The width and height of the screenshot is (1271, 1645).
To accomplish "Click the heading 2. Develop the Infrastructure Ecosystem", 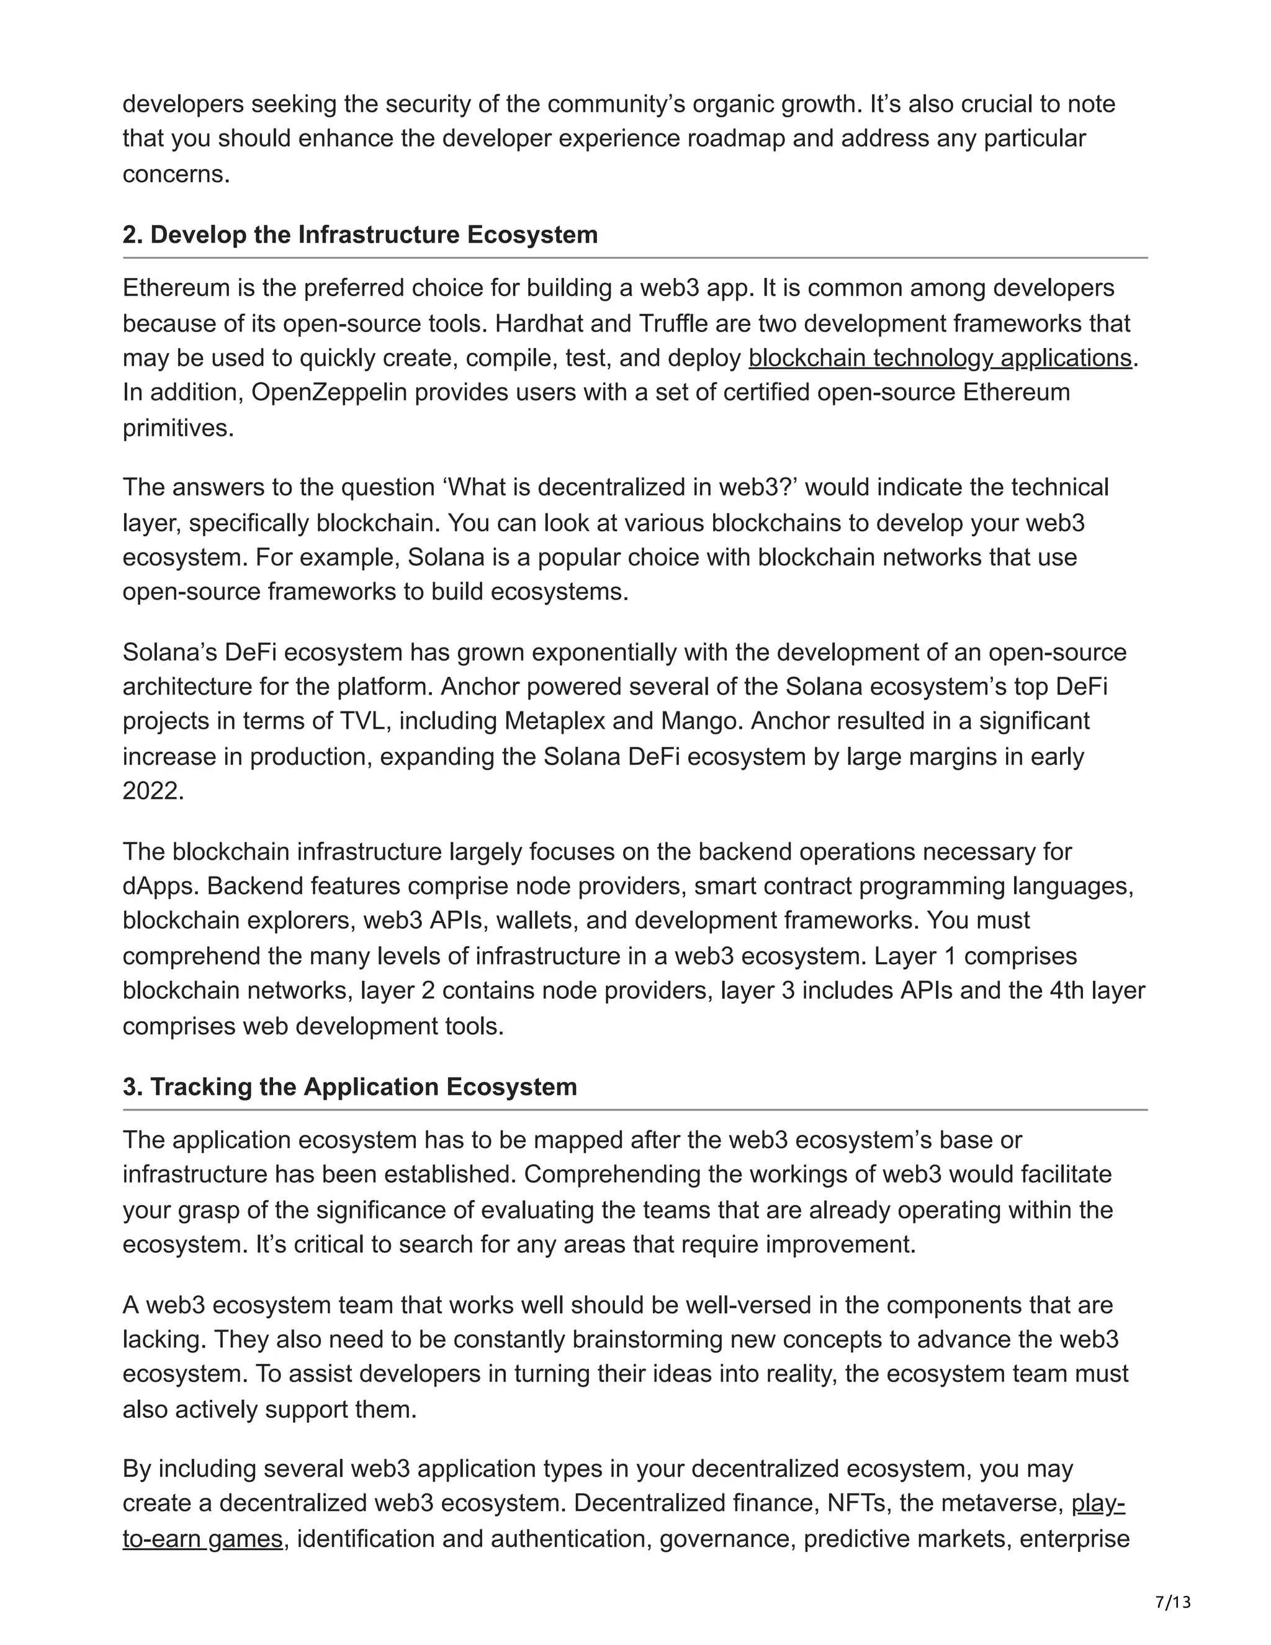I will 360,235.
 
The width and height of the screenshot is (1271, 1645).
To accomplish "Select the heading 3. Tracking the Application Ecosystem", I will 349,1087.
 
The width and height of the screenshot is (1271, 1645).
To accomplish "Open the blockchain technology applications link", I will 940,358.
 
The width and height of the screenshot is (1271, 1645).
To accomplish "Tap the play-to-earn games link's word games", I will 245,1538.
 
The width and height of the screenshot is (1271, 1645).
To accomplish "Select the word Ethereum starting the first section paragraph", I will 174,289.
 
